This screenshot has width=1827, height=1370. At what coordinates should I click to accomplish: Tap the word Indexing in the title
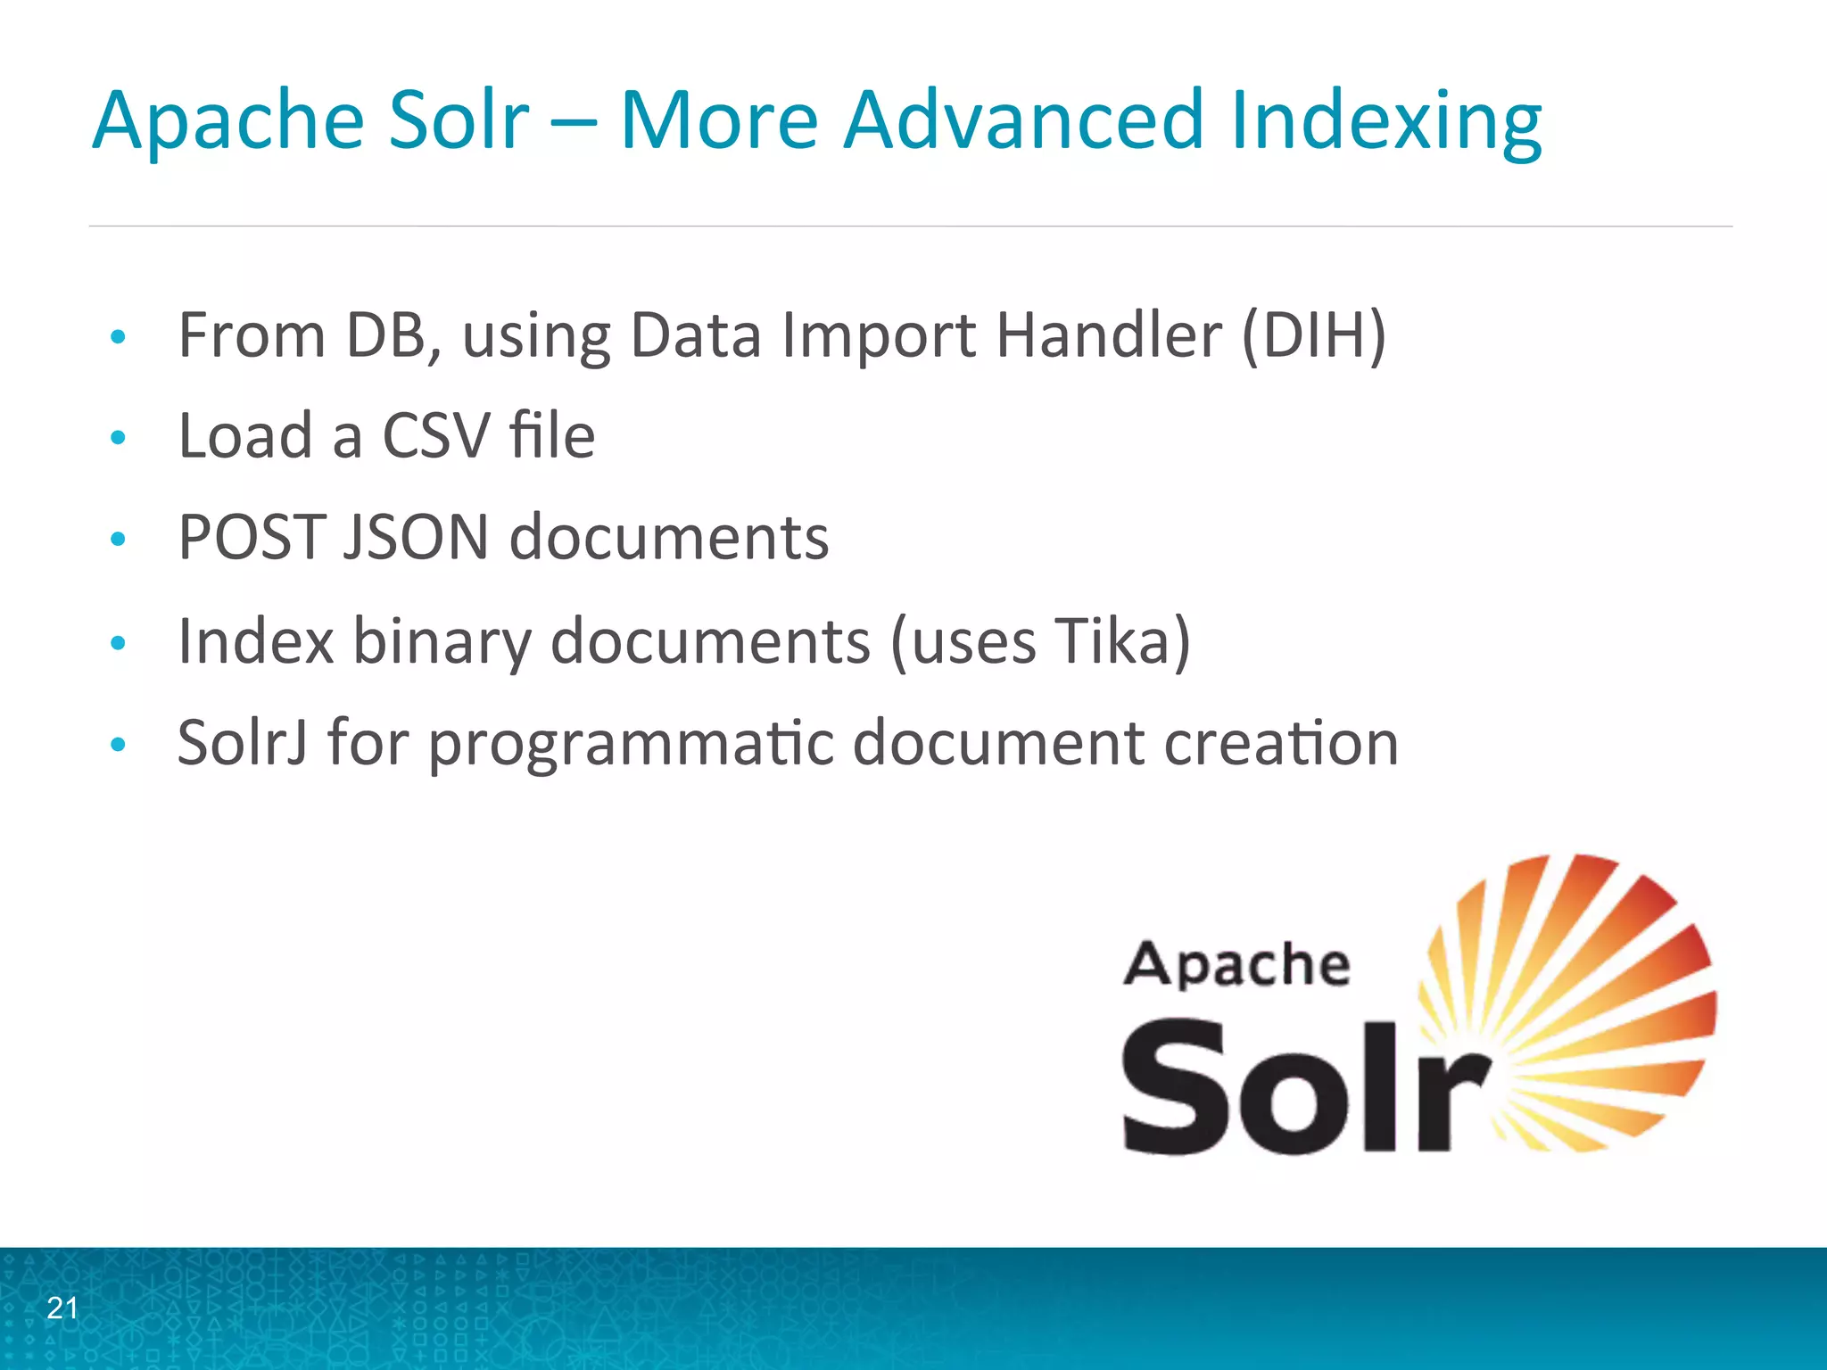[x=1385, y=123]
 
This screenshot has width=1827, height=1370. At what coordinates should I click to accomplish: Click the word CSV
[x=437, y=436]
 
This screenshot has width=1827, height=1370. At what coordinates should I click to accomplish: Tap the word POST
[x=252, y=537]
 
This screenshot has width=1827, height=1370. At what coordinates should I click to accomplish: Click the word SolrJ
[x=243, y=742]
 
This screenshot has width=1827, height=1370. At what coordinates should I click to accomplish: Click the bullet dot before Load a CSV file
[x=118, y=438]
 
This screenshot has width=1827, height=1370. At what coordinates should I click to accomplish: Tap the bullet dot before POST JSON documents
[x=118, y=539]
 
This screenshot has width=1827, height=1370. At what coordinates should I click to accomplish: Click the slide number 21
[x=62, y=1308]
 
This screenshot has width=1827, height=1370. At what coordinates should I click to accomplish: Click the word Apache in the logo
[x=1236, y=965]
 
